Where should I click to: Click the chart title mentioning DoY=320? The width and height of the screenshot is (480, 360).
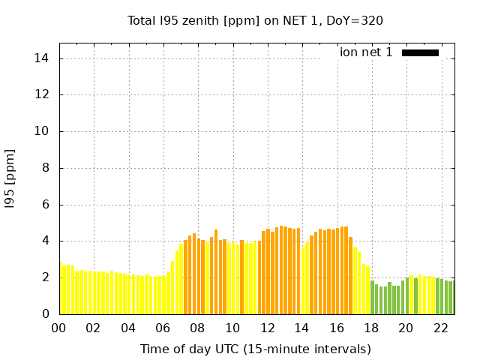click(255, 21)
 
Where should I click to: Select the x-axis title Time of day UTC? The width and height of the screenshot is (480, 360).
click(255, 349)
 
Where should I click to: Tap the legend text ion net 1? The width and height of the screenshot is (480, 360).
click(366, 52)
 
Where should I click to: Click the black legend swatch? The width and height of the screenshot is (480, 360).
click(420, 52)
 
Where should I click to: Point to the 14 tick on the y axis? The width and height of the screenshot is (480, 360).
click(43, 58)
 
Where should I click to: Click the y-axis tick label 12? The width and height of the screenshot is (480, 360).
click(43, 95)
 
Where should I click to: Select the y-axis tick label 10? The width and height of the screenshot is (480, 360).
click(43, 131)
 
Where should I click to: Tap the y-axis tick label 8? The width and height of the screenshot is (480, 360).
click(46, 168)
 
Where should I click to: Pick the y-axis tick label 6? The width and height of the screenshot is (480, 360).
click(46, 205)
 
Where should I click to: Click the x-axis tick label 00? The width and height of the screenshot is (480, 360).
click(58, 328)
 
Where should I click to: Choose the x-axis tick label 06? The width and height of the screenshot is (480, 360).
click(163, 328)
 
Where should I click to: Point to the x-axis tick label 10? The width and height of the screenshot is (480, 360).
click(232, 328)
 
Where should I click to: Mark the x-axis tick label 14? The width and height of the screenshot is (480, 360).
click(301, 328)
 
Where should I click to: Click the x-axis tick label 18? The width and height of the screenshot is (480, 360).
click(371, 328)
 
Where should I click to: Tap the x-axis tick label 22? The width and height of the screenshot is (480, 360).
click(440, 328)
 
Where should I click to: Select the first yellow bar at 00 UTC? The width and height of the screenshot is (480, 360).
click(61, 289)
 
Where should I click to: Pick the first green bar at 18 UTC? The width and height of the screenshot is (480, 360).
click(372, 297)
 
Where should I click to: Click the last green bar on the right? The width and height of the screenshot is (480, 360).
click(451, 298)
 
